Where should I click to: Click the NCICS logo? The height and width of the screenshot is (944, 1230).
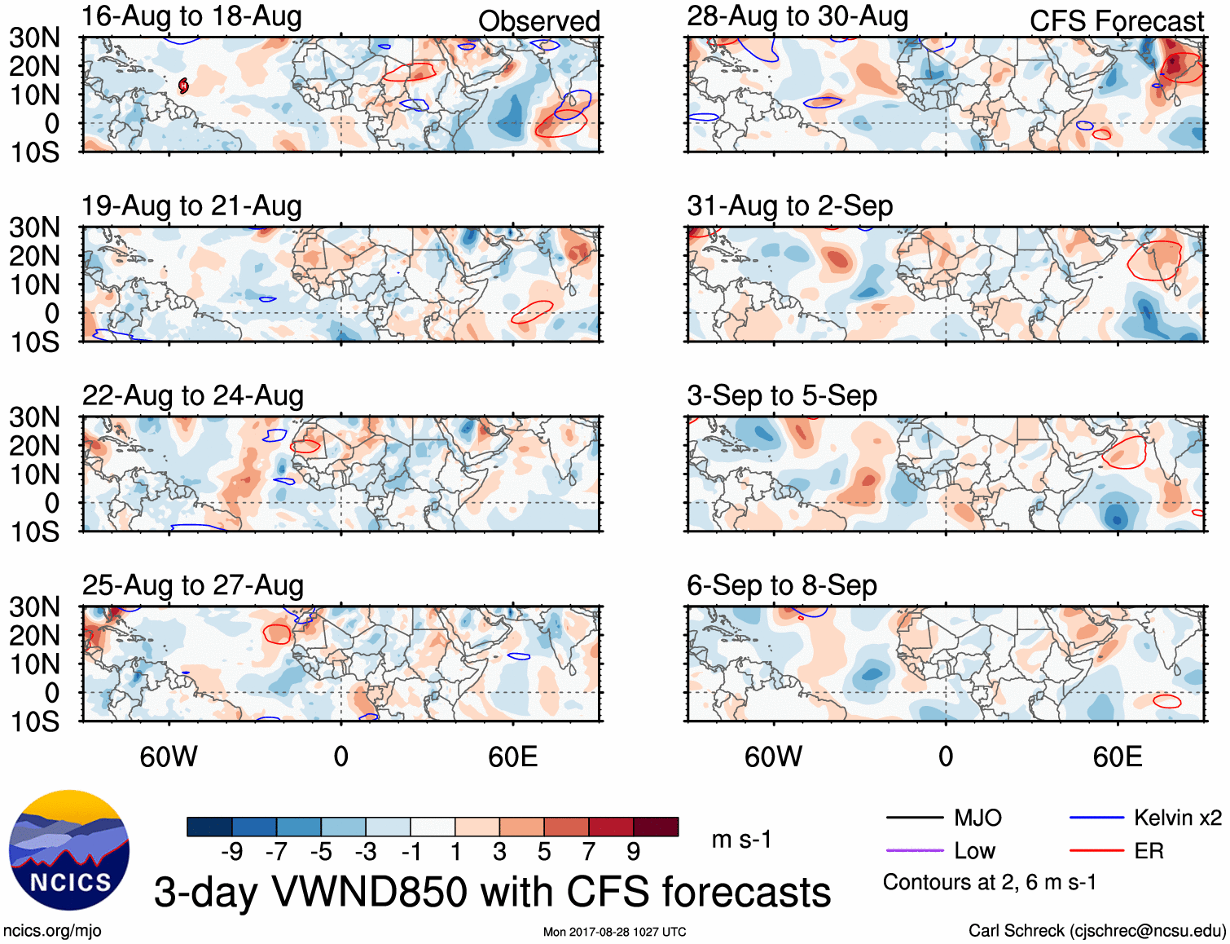pyautogui.click(x=69, y=850)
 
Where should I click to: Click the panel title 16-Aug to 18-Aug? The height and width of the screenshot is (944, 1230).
pyautogui.click(x=191, y=16)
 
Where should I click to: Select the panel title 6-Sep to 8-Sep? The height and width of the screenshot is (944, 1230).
pyautogui.click(x=781, y=585)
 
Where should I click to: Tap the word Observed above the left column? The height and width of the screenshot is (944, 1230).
pyautogui.click(x=538, y=21)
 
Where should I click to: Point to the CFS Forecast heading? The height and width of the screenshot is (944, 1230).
pyautogui.click(x=1116, y=21)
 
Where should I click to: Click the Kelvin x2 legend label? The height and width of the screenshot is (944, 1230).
pyautogui.click(x=1177, y=818)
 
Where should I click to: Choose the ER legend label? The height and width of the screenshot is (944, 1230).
pyautogui.click(x=1149, y=851)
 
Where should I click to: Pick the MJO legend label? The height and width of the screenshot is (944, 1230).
pyautogui.click(x=977, y=818)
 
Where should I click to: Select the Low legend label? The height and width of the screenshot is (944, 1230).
pyautogui.click(x=974, y=851)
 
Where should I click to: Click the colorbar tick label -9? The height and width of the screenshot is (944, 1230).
pyautogui.click(x=232, y=852)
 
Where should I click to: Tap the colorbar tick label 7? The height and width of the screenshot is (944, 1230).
pyautogui.click(x=589, y=852)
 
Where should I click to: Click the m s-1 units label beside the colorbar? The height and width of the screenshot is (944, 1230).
pyautogui.click(x=741, y=840)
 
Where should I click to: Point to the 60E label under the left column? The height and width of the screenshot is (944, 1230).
pyautogui.click(x=512, y=757)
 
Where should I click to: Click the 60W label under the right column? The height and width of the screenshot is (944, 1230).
pyautogui.click(x=773, y=757)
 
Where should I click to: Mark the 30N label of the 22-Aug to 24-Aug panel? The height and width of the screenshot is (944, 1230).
pyautogui.click(x=35, y=417)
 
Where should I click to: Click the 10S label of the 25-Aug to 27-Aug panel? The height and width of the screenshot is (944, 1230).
pyautogui.click(x=35, y=721)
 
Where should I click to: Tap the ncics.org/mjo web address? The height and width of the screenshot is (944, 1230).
pyautogui.click(x=52, y=931)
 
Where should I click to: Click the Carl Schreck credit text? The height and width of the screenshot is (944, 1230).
pyautogui.click(x=1096, y=931)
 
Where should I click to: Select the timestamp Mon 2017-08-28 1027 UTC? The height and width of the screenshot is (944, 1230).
pyautogui.click(x=614, y=932)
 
